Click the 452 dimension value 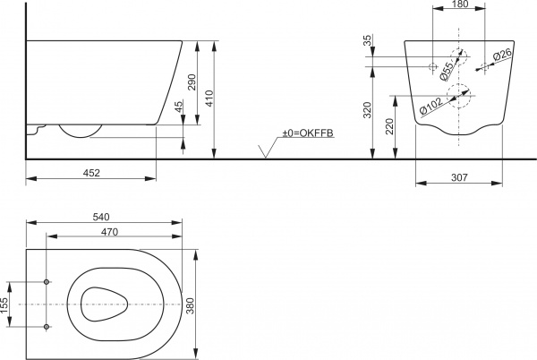click(92, 173)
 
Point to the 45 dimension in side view click(180, 107)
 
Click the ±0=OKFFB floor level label click(307, 133)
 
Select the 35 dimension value click(368, 41)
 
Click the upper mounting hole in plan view click(47, 282)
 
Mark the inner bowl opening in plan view click(107, 304)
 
